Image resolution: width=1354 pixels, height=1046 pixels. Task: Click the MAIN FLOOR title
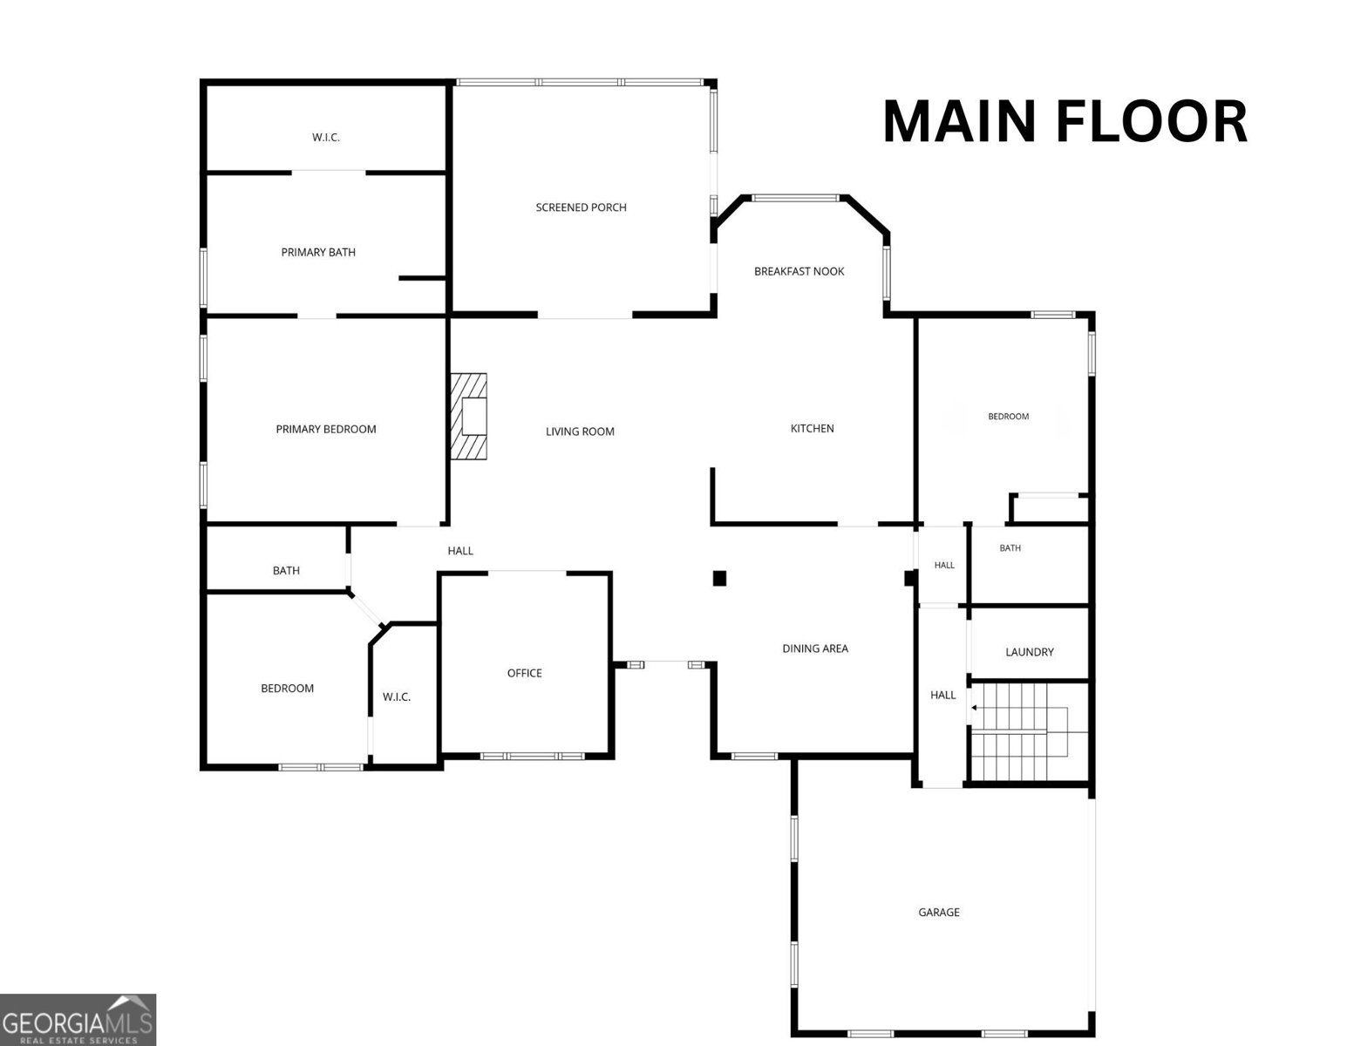click(1065, 121)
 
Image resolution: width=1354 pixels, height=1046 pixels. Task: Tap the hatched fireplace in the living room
click(468, 416)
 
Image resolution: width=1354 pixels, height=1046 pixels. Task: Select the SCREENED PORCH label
click(581, 207)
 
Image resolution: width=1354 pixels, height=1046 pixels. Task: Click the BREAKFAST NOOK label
click(799, 272)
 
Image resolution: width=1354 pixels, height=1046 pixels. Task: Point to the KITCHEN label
click(812, 429)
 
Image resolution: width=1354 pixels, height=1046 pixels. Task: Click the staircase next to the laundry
click(1028, 731)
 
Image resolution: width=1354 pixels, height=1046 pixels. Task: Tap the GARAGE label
click(938, 913)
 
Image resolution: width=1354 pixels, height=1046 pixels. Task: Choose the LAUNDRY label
click(1030, 652)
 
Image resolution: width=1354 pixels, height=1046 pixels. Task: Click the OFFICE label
click(525, 674)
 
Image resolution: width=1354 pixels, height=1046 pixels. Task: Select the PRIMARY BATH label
click(318, 252)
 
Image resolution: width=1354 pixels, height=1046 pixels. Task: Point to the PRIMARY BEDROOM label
click(326, 429)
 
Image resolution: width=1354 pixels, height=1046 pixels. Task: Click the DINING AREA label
click(815, 649)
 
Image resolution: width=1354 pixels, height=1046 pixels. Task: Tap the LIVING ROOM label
click(580, 431)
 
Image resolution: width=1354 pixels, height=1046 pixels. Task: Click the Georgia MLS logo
click(78, 1020)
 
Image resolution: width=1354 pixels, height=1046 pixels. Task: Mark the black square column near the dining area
click(719, 578)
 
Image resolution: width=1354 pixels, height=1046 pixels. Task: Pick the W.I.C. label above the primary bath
click(326, 138)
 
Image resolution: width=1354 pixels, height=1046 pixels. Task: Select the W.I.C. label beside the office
click(397, 697)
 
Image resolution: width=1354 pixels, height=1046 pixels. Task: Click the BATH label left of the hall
click(286, 571)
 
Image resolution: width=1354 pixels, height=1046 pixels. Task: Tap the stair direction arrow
click(974, 708)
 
